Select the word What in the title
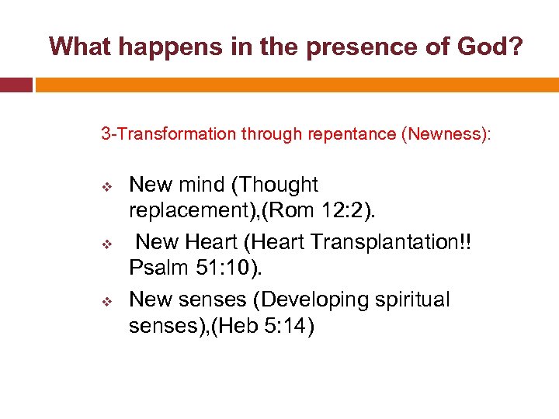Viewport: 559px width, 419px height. coord(80,47)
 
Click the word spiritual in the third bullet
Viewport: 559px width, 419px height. coord(407,300)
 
